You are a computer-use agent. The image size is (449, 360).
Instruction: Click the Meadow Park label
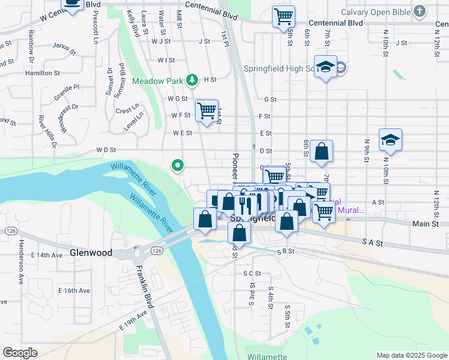(x=158, y=80)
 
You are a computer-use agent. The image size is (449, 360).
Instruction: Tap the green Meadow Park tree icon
(x=191, y=79)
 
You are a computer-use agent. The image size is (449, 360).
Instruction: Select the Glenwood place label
(x=91, y=253)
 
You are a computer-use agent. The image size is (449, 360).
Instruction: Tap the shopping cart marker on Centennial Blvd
(x=283, y=16)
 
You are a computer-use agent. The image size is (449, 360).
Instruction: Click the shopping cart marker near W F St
(x=206, y=110)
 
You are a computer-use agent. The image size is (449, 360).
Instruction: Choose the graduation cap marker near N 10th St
(x=390, y=139)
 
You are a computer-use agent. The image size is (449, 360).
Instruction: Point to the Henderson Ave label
(x=21, y=262)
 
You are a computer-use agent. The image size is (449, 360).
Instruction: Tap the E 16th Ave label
(x=74, y=290)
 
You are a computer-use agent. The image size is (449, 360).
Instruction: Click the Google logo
(x=20, y=353)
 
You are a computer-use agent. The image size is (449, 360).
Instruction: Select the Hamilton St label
(x=42, y=73)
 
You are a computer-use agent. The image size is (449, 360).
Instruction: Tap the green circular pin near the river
(x=178, y=164)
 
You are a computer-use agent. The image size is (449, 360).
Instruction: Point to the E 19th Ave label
(x=133, y=317)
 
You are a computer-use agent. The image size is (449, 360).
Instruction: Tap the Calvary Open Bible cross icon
(x=420, y=11)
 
